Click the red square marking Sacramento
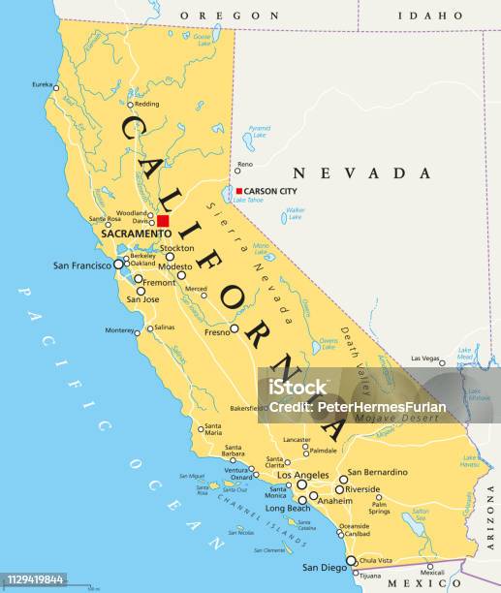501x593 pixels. pos(163,221)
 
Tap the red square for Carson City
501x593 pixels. pos(238,191)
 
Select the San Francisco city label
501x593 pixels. pos(82,264)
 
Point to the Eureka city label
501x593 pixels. pos(42,85)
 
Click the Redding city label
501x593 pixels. pos(146,104)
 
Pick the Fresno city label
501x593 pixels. pos(216,330)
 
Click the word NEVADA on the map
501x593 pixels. pos(362,172)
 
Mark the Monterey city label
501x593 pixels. pos(121,330)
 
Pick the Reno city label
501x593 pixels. pos(259,165)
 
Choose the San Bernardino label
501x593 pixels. pos(378,472)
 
